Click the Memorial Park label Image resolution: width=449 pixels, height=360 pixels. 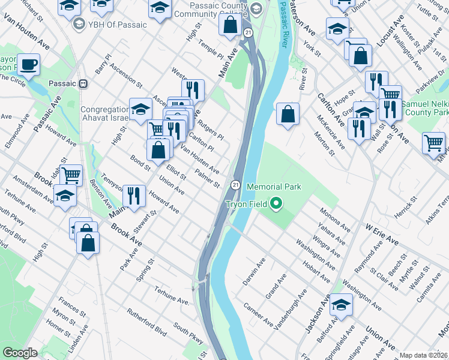273,187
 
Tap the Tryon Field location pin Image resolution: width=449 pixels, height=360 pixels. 276,204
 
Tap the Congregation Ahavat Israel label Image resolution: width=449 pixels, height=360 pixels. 105,113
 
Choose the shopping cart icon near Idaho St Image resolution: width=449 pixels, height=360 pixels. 71,175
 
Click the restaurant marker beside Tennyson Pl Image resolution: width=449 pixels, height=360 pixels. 134,194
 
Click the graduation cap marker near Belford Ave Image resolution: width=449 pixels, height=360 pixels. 341,305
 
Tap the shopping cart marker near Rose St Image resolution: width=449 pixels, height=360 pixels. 433,143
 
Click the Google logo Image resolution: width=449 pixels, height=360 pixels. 20,353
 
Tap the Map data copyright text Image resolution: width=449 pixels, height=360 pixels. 424,355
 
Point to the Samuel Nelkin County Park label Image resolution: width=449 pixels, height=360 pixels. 425,108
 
